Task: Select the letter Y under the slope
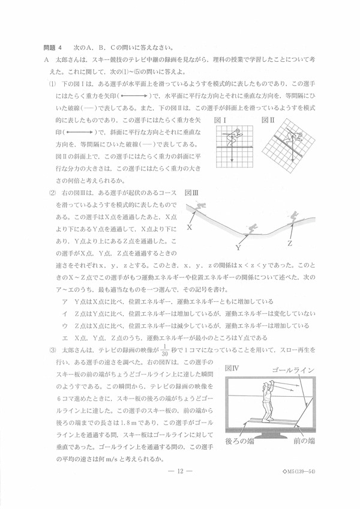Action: pos(238,247)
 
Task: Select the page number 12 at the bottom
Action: pos(179,471)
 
